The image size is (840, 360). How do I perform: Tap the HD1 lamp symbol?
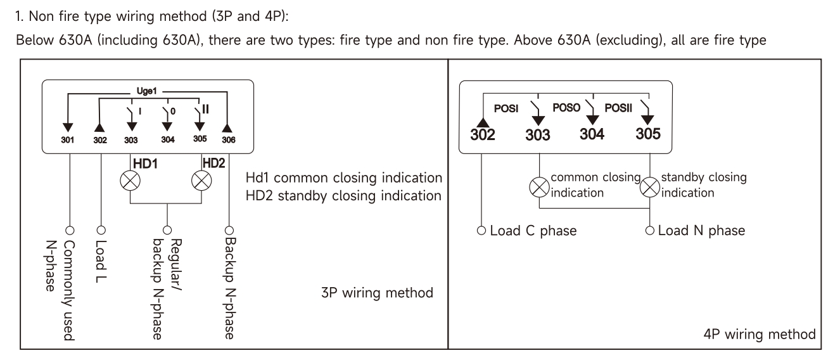130,181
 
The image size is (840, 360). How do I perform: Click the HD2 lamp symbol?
201,181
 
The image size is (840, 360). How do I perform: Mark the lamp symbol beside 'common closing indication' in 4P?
538,187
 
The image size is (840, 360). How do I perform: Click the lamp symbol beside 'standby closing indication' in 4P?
650,187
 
